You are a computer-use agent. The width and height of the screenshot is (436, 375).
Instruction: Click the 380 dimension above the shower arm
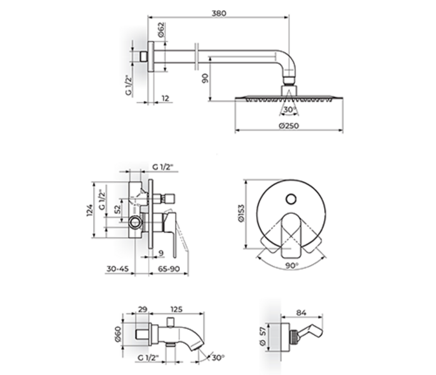click(x=219, y=13)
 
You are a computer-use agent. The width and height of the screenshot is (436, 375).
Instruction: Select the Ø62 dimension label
click(x=161, y=30)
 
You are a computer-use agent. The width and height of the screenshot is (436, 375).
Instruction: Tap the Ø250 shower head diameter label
click(x=289, y=126)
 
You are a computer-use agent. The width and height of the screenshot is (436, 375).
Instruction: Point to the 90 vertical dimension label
click(x=206, y=78)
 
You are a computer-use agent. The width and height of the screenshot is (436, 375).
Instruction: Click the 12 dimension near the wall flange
click(x=165, y=98)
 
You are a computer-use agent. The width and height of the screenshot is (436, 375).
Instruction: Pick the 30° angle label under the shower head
click(x=289, y=109)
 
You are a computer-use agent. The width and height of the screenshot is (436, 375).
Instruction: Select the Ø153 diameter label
click(x=241, y=213)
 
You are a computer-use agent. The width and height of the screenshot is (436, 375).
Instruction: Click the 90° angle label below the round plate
click(x=292, y=266)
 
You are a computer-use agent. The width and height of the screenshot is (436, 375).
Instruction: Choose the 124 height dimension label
click(x=89, y=210)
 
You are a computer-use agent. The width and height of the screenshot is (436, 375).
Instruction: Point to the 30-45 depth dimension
click(x=117, y=269)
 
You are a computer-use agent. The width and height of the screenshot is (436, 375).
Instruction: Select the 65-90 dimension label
click(x=169, y=269)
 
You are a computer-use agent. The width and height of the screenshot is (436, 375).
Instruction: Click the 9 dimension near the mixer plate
click(x=161, y=253)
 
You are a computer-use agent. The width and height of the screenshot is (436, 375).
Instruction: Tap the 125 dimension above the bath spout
click(x=176, y=309)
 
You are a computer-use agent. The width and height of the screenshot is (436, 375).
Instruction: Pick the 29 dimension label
click(x=142, y=309)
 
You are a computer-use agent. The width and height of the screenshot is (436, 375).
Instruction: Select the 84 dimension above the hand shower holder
click(x=301, y=312)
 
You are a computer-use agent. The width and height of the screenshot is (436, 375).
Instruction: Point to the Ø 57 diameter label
click(x=263, y=336)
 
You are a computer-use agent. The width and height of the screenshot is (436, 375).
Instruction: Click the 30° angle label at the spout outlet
click(x=218, y=357)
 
